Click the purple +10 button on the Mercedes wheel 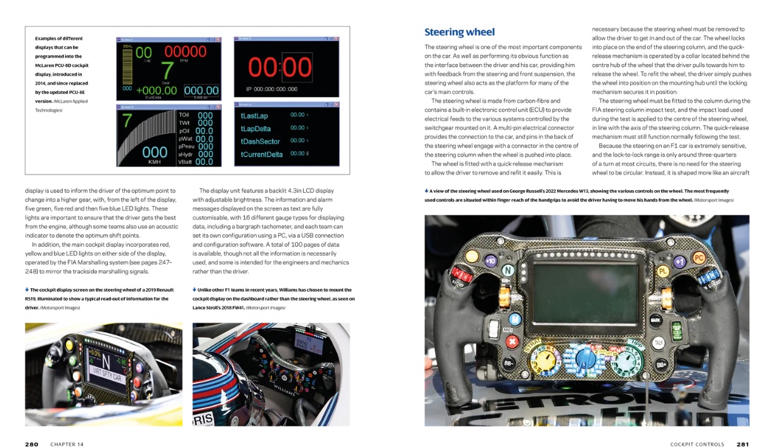[x=489, y=260]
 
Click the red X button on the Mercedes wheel [x=510, y=342]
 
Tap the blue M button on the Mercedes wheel [x=515, y=318]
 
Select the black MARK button [x=655, y=321]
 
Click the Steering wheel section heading [x=459, y=32]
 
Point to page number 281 [x=742, y=444]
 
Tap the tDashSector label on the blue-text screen [x=260, y=141]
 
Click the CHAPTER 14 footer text [x=67, y=444]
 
